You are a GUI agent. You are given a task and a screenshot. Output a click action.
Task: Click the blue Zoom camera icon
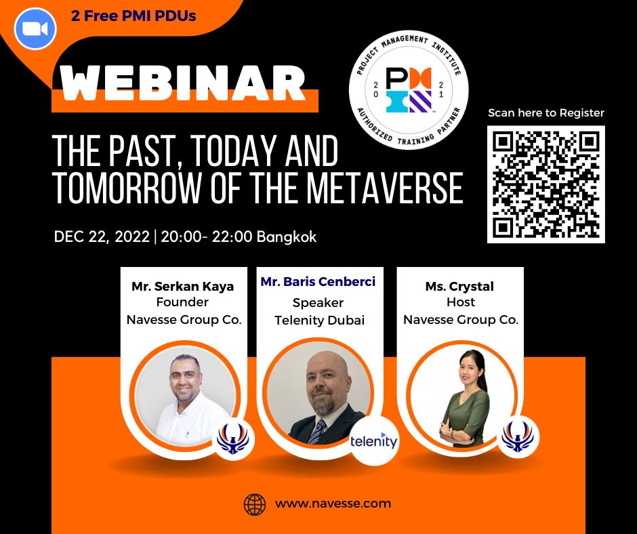[35, 29]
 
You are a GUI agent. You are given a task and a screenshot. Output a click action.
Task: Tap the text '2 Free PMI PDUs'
[133, 16]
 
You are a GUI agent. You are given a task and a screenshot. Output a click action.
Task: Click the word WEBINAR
[183, 83]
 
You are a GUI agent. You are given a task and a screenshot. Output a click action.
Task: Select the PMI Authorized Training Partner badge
[408, 90]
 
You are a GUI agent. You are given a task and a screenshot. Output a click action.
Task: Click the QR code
[546, 184]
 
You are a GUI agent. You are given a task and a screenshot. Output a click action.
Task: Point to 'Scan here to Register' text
[546, 112]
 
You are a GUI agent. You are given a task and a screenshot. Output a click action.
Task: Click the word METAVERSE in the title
[385, 188]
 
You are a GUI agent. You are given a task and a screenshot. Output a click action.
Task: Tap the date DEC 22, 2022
[102, 237]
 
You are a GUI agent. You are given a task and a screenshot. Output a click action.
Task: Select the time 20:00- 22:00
[207, 237]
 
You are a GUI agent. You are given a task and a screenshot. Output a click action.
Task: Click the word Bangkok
[287, 237]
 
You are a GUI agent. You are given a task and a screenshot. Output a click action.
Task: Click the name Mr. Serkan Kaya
[182, 286]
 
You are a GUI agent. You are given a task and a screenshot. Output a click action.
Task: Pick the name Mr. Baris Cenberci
[318, 282]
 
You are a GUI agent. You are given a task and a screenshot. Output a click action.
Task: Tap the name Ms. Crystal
[459, 287]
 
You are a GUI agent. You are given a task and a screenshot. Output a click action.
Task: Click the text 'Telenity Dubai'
[319, 321]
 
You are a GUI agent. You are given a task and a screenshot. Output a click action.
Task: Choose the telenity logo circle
[374, 440]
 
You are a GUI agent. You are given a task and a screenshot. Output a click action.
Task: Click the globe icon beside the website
[255, 504]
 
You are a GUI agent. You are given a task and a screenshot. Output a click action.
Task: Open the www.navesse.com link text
[333, 504]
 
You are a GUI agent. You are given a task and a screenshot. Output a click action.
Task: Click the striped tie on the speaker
[317, 431]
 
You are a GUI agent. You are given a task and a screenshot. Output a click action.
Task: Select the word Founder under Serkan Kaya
[182, 302]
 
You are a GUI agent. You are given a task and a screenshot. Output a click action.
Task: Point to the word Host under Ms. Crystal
[461, 302]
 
